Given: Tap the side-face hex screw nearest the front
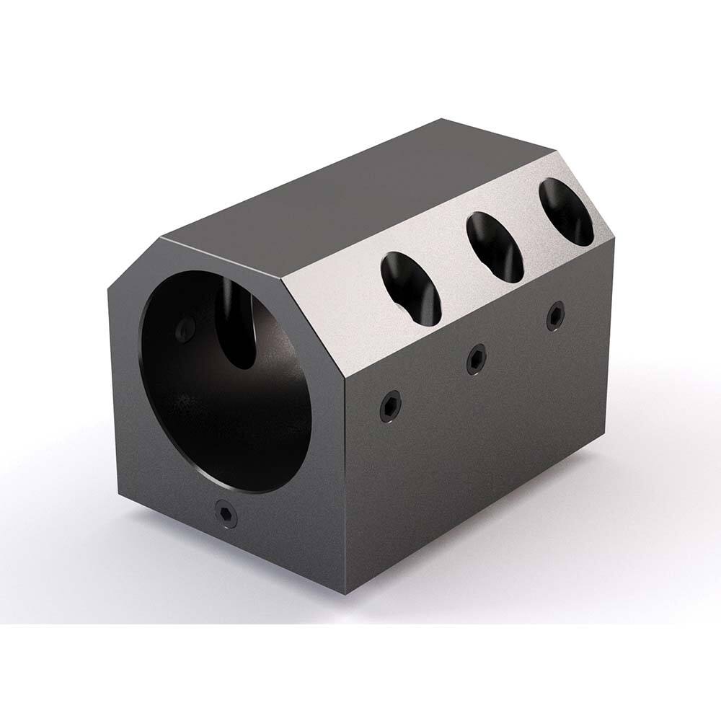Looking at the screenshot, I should (390, 407).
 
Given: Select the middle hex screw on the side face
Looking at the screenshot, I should (474, 358).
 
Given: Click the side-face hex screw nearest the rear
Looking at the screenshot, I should (555, 316).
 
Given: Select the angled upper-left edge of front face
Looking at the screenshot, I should (133, 264).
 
